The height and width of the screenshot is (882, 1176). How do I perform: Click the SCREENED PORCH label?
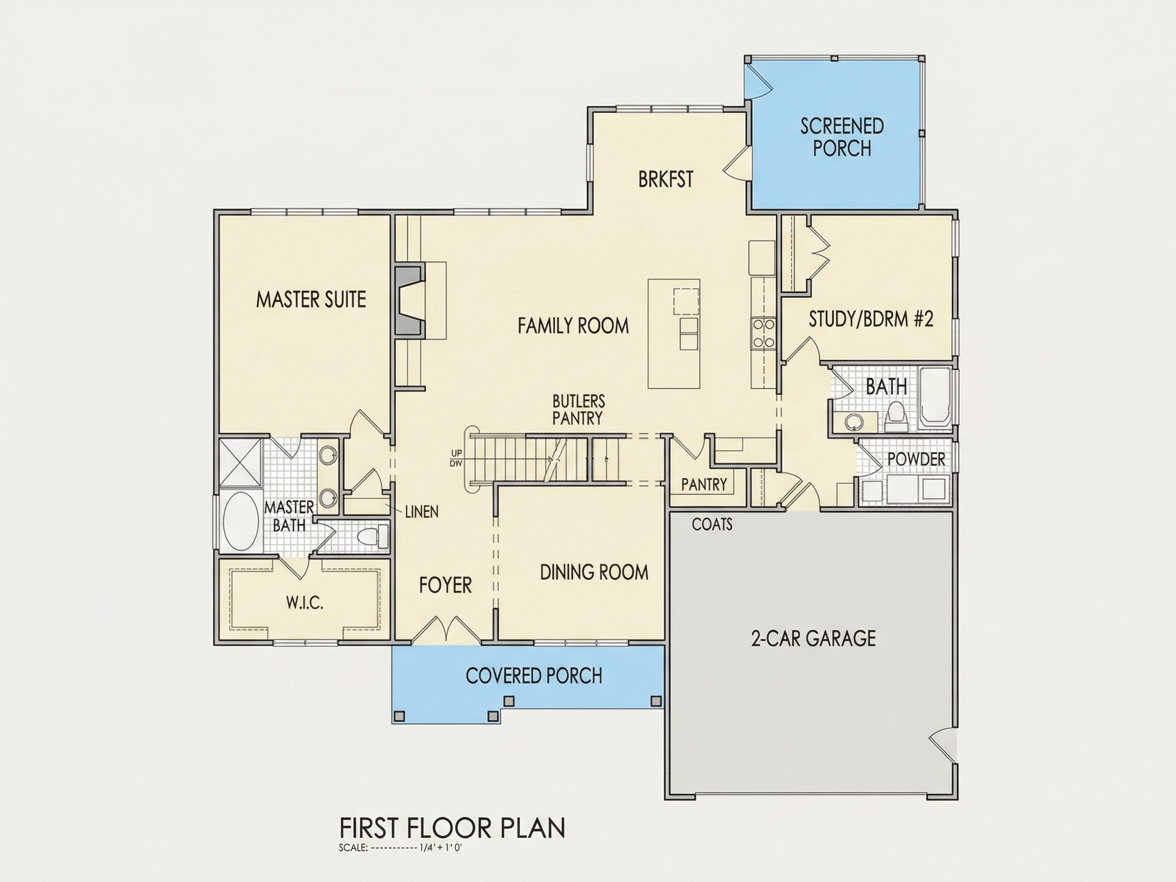pos(842,137)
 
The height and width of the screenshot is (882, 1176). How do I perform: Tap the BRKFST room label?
pos(666,179)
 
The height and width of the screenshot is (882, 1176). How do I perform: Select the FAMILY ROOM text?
pos(573,325)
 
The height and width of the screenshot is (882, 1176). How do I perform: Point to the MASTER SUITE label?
pos(311,299)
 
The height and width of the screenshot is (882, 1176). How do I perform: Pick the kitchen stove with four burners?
pos(763,333)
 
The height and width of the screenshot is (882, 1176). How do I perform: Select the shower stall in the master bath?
pos(240,462)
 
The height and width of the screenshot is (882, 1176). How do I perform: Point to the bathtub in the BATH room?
pos(936,396)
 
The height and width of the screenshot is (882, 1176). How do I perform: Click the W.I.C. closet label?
pos(305,603)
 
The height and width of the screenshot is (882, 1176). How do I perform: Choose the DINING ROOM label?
pos(594,573)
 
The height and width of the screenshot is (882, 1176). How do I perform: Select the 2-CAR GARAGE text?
pos(814,638)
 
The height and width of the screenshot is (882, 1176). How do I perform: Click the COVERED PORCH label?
pos(534,676)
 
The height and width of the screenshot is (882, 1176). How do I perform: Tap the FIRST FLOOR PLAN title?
pos(452,828)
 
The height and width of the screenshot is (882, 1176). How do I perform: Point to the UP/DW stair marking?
pos(456,458)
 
